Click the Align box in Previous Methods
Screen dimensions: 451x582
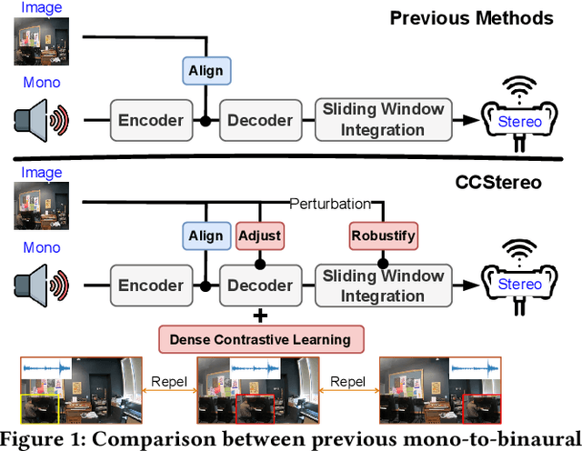206,71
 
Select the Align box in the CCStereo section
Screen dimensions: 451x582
206,236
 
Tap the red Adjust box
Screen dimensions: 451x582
259,236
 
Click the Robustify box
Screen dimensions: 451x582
382,236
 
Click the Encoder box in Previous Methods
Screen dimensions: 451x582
151,120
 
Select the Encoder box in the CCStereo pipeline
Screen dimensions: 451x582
151,285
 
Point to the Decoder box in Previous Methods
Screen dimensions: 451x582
260,120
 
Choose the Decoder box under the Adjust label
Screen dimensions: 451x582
260,285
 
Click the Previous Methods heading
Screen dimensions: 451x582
472,18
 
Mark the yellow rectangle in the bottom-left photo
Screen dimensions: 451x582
40,409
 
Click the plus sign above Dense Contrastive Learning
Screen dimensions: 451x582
260,315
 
